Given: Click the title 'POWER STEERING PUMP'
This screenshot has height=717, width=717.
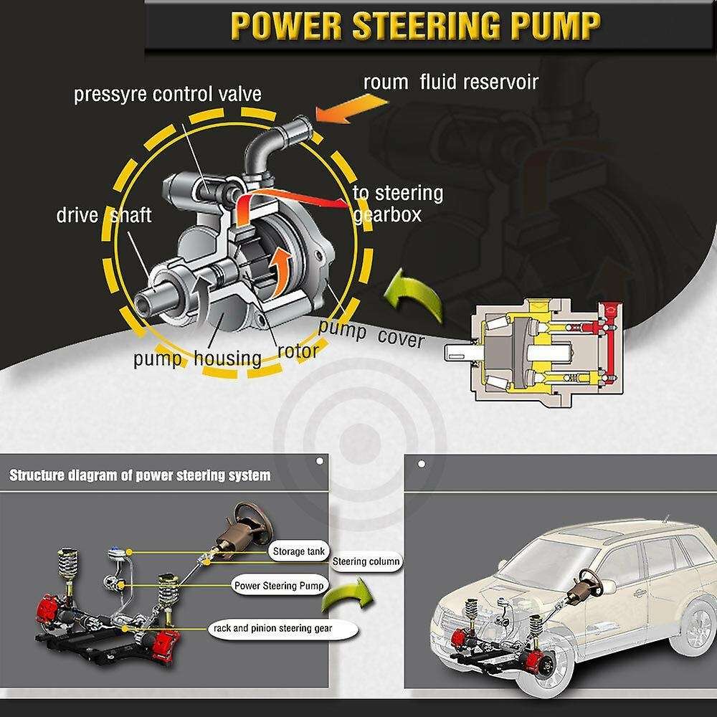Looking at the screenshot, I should point(415,26).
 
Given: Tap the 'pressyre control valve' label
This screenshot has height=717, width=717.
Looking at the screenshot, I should point(167,94).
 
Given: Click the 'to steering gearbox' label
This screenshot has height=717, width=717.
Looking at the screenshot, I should point(398,204).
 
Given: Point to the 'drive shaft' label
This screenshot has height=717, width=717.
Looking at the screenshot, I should point(104,214).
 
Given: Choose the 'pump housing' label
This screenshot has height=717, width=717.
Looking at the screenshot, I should point(197,357).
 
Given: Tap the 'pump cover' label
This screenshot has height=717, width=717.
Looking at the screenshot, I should point(371,335).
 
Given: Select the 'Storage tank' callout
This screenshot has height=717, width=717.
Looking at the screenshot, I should point(298,551).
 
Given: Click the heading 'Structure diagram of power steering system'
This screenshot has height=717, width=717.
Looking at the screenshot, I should point(140,475).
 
